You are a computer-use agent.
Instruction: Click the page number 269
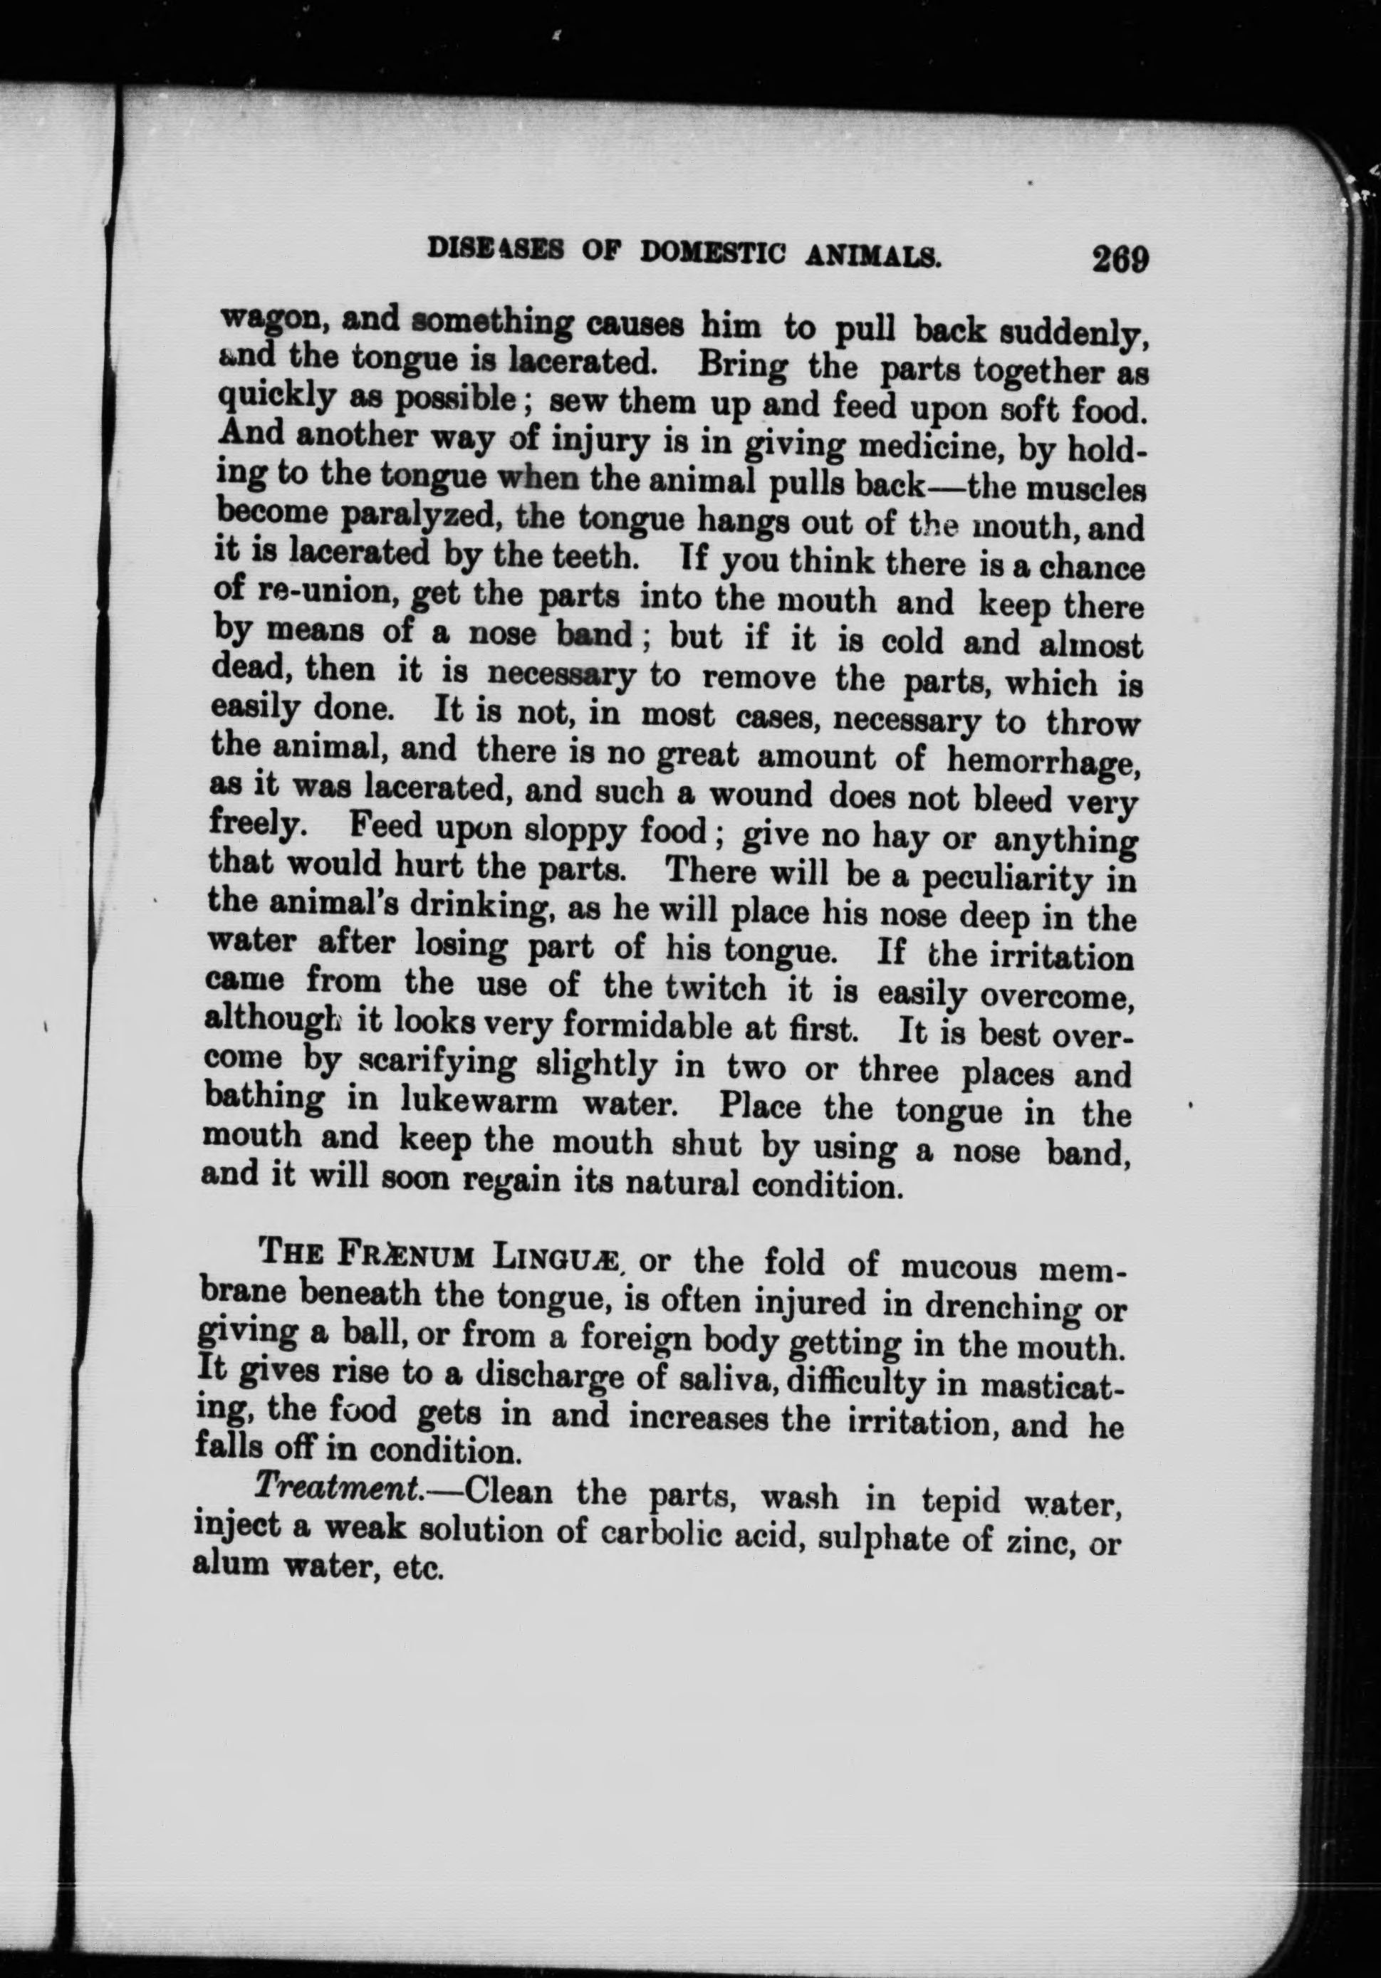coord(1118,258)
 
